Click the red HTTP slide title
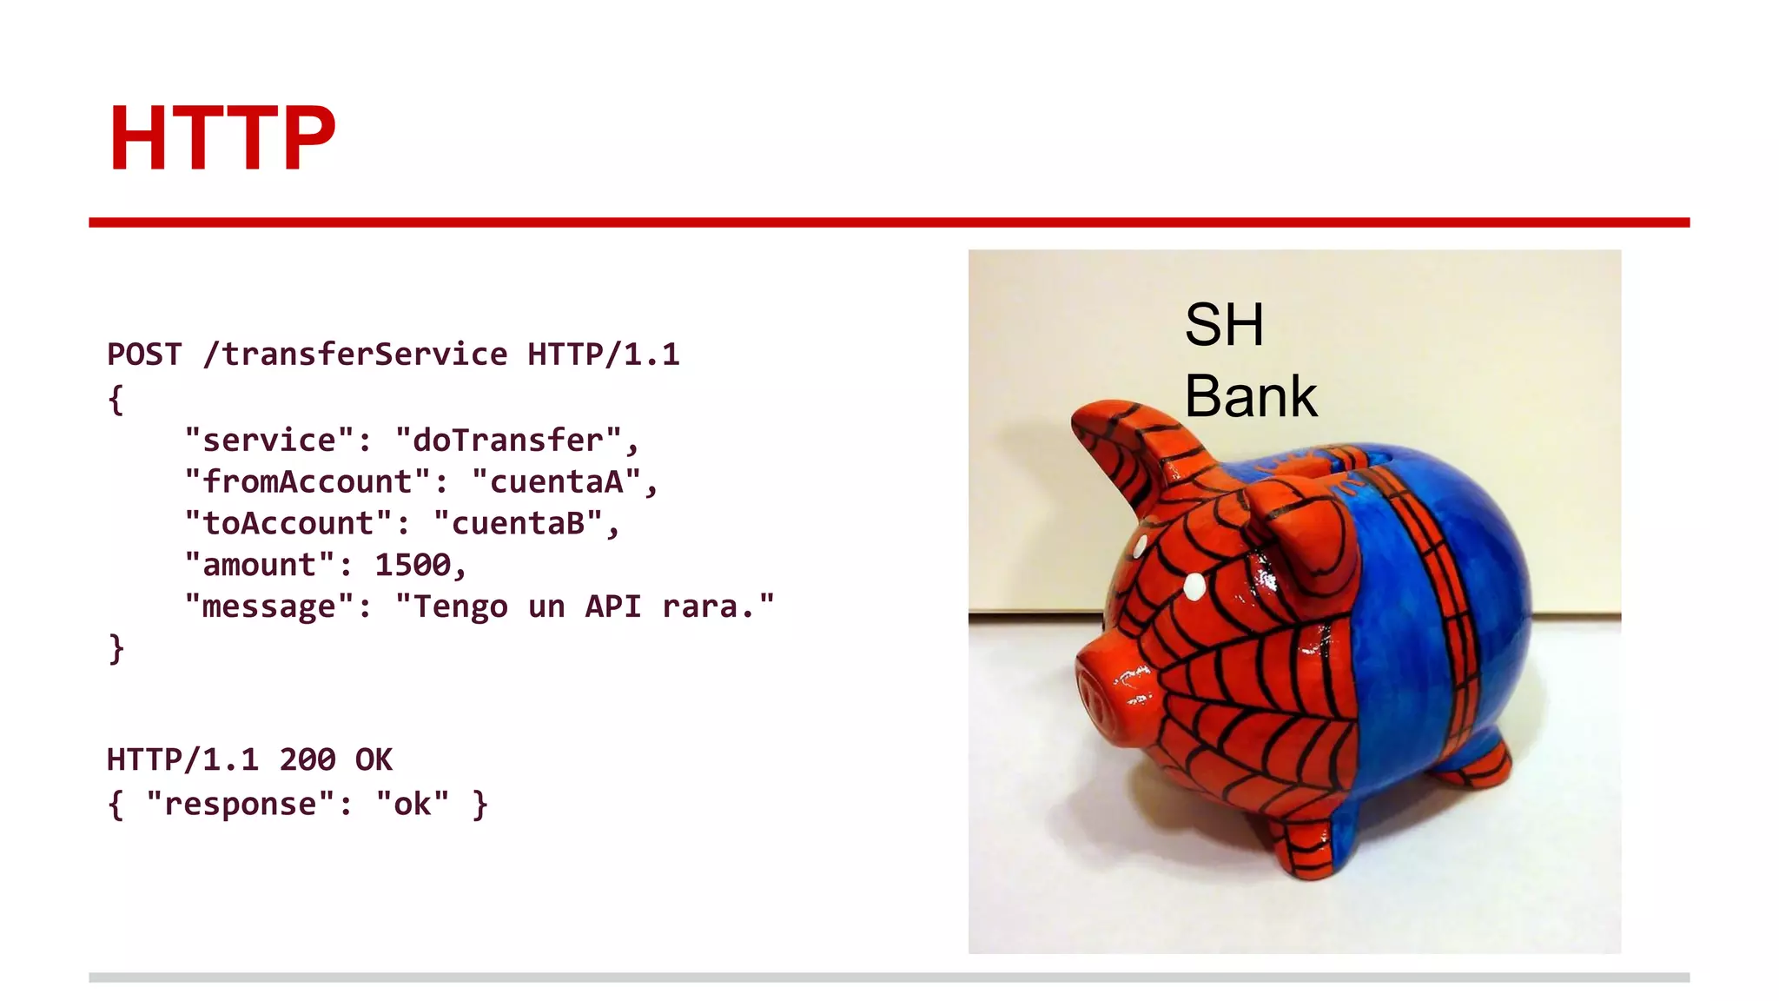click(222, 138)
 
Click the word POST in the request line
click(144, 355)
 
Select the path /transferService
click(355, 355)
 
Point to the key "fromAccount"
click(308, 481)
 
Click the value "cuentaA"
click(557, 481)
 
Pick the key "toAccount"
click(288, 523)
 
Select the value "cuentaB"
click(519, 523)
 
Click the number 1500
click(413, 565)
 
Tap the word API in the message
click(612, 607)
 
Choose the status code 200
click(308, 759)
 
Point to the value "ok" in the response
click(413, 804)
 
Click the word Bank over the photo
click(1251, 396)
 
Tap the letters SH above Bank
click(1224, 325)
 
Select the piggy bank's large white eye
click(1195, 586)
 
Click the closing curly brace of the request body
click(116, 648)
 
